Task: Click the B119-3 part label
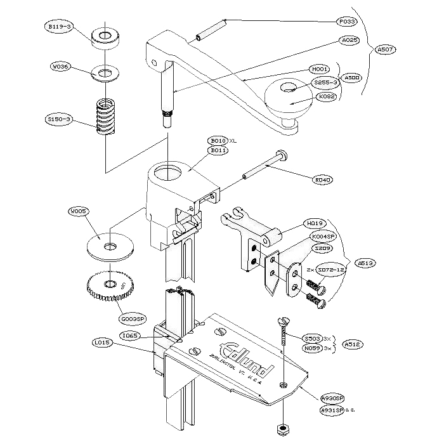pos(58,27)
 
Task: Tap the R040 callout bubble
pos(323,180)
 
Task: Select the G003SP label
pos(133,319)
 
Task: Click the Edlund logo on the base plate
pos(245,358)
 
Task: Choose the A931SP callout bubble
pos(332,410)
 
